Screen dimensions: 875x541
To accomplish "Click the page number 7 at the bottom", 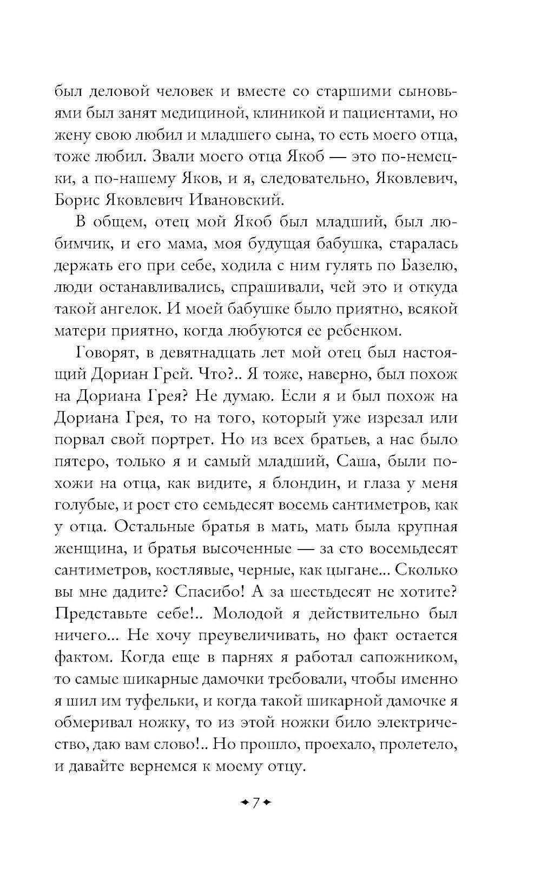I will point(256,801).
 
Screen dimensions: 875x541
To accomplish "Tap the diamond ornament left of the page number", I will point(245,802).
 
